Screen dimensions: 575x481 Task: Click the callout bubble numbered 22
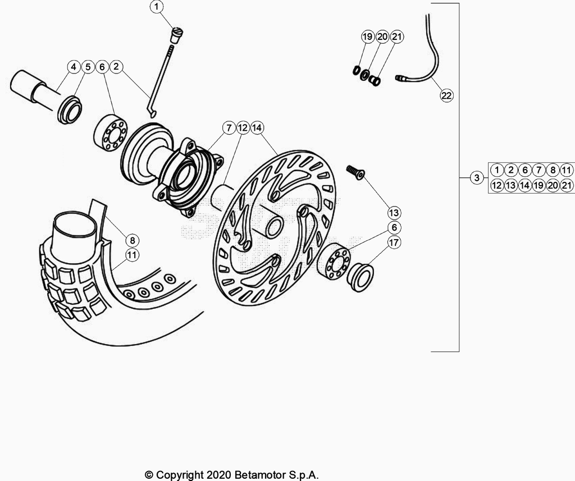tap(446, 95)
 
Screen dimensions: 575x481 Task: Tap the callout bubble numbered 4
tap(74, 67)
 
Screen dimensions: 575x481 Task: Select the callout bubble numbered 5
tap(88, 67)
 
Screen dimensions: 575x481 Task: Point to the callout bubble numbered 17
tap(394, 242)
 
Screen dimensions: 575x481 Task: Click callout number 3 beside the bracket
tap(477, 178)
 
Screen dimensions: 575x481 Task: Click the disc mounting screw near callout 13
tap(355, 172)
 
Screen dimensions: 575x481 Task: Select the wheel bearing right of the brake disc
tap(334, 263)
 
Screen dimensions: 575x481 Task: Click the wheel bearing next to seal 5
tap(110, 132)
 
